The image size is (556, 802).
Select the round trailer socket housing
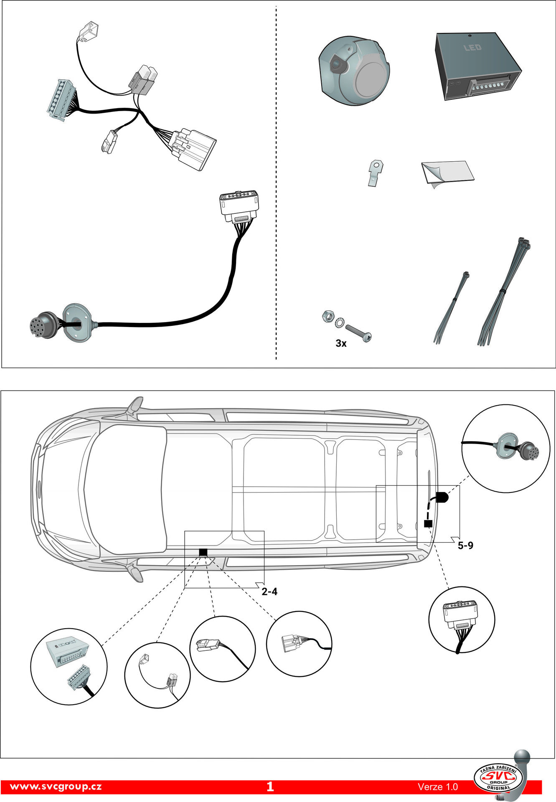354,71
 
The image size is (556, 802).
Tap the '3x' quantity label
341,343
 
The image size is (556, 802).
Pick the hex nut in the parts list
327,317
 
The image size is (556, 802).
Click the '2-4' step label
269,591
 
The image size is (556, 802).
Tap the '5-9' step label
465,545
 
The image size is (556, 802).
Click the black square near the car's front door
203,552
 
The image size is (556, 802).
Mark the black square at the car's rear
427,523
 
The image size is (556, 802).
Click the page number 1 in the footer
270,787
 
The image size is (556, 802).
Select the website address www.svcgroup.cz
56,787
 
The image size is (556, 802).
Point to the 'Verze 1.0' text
437,787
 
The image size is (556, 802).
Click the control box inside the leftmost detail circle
66,650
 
